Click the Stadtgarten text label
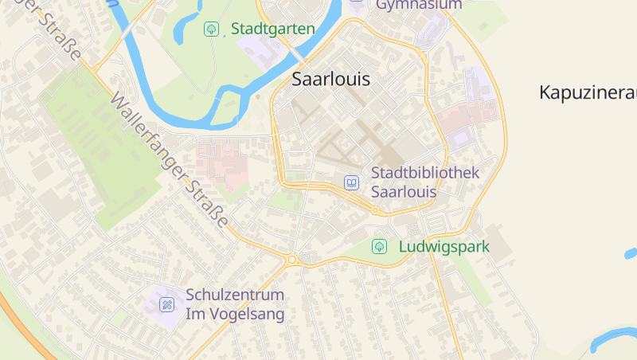pos(272,29)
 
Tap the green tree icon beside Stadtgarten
pos(211,29)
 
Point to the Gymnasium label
pos(418,6)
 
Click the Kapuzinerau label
pos(588,92)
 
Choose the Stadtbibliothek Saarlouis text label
pos(424,182)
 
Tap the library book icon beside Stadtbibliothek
pos(351,182)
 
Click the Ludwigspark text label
pos(444,247)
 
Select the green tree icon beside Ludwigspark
pos(380,247)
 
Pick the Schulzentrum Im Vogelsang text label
pos(235,304)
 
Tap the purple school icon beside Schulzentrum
pos(166,303)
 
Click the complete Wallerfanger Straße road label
pos(170,160)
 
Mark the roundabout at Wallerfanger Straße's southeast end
pos(292,260)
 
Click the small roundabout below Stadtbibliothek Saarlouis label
pos(375,211)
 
